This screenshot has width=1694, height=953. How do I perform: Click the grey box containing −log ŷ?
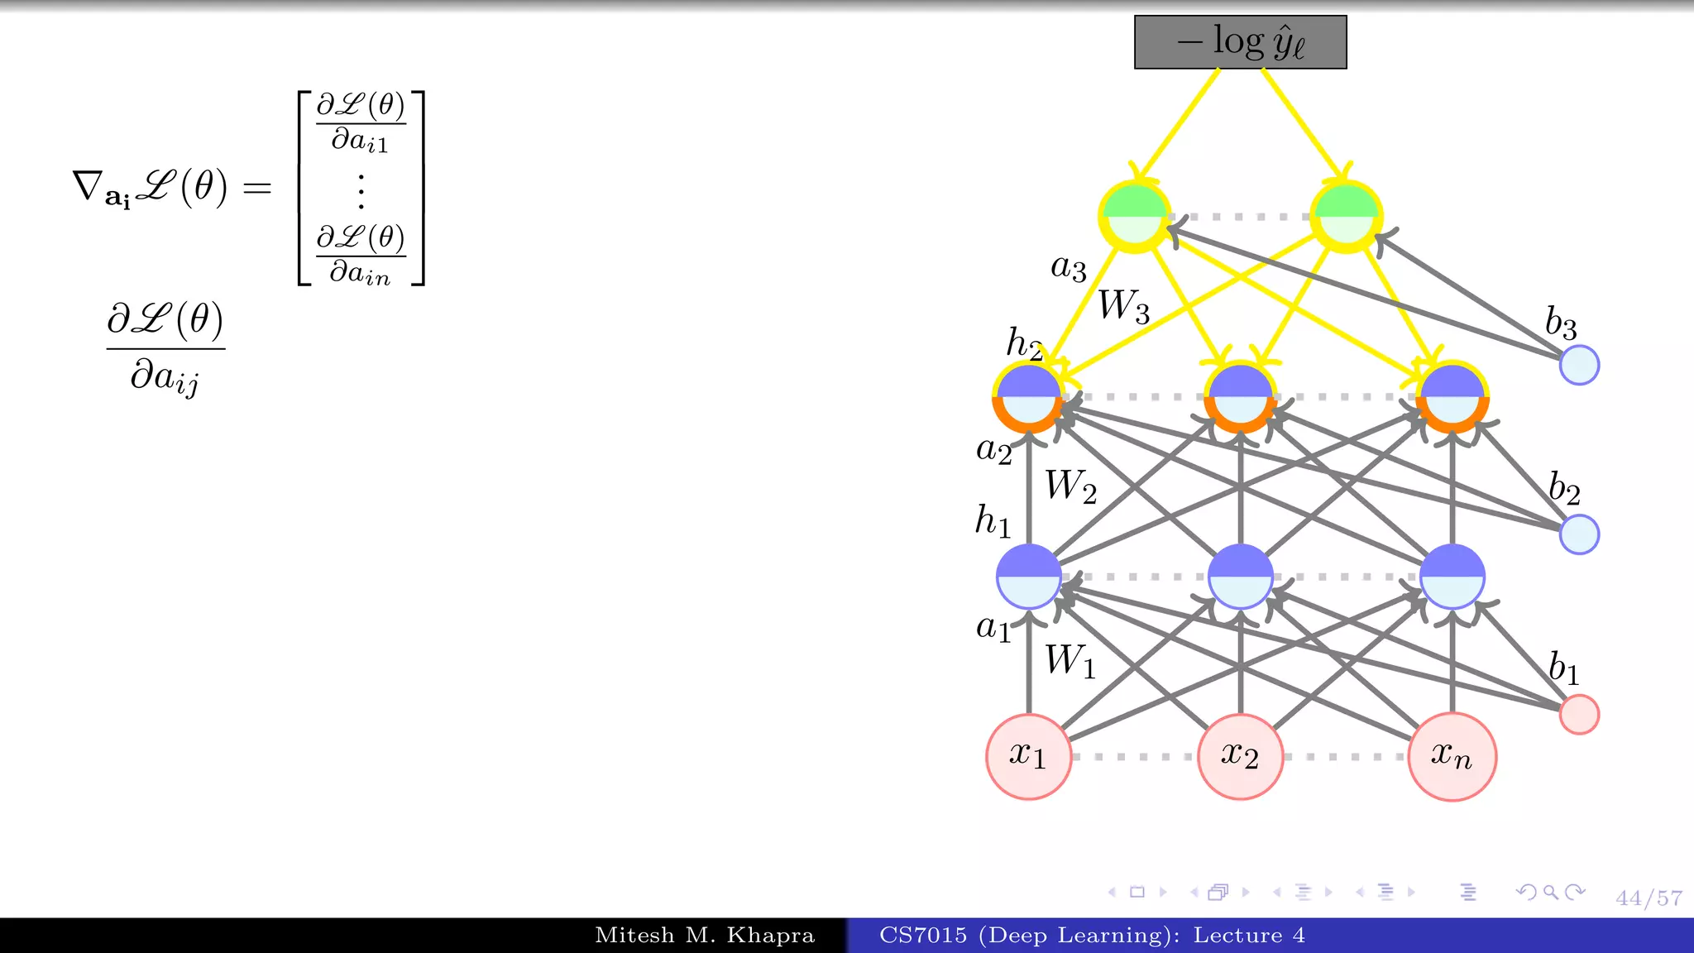1240,42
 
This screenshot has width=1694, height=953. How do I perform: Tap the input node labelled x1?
1028,756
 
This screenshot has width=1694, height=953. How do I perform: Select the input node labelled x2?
1240,756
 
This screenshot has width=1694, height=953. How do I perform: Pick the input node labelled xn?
1452,756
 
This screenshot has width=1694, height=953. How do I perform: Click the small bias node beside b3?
1579,365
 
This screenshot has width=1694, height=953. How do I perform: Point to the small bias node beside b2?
1579,534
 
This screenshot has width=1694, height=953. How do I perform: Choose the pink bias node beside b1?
1579,714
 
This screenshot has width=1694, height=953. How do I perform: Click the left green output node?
1135,216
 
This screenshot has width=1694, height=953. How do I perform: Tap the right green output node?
1346,216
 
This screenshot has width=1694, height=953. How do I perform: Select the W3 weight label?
1123,305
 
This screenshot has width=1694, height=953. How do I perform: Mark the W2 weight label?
1070,486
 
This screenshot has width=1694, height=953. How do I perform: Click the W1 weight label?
1070,661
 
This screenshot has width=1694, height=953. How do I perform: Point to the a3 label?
1068,267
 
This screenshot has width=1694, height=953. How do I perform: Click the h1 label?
993,521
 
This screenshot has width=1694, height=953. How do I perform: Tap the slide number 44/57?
1649,898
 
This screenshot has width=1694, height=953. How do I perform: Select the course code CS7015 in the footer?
922,936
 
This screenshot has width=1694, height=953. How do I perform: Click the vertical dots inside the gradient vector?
361,191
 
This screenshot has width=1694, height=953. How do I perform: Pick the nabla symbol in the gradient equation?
87,186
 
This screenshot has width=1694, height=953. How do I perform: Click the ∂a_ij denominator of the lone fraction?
165,377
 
